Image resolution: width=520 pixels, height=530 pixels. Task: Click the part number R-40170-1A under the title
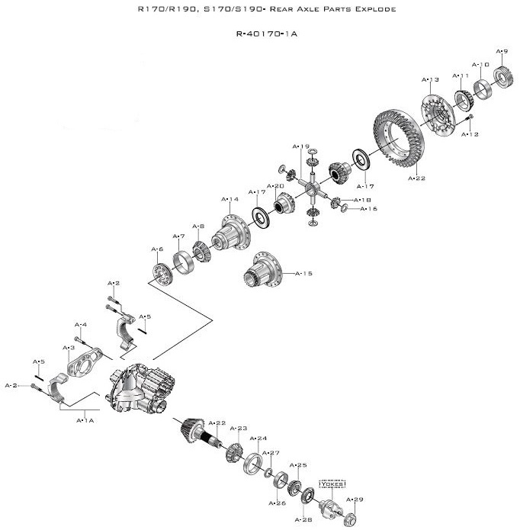[266, 34]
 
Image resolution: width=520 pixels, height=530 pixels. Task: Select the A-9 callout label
[502, 51]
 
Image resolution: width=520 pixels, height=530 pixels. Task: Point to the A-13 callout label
[430, 79]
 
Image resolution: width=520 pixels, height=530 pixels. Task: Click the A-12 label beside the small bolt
[470, 134]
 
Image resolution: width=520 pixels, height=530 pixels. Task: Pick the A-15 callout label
[304, 273]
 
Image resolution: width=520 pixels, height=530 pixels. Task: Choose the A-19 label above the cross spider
[301, 146]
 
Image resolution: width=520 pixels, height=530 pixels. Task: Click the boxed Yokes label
[332, 483]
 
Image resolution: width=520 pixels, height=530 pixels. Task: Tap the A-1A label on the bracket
[85, 419]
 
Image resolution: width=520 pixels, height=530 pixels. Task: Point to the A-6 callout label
[157, 249]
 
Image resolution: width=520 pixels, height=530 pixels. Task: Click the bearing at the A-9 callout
[502, 75]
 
